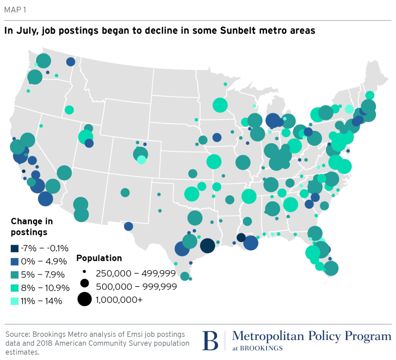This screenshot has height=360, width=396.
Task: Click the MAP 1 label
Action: point(15,10)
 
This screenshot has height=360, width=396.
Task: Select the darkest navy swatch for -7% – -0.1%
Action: point(14,248)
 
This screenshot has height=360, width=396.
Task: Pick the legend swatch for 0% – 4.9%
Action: point(14,262)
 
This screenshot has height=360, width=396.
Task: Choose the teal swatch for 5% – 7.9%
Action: point(14,275)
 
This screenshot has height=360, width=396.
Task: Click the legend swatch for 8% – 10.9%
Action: point(14,288)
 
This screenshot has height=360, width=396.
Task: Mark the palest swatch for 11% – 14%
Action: point(14,301)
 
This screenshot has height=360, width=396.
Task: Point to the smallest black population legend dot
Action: point(85,272)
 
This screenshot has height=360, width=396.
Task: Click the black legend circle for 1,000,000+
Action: point(85,299)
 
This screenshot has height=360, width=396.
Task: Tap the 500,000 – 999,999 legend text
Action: point(136,286)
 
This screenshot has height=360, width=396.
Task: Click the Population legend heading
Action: point(99,258)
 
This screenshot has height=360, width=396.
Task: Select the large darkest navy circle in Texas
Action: point(208,246)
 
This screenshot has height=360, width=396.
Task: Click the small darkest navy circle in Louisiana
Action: point(241,237)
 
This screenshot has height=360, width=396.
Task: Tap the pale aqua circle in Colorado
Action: point(141,160)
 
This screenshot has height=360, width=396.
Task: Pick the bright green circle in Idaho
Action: point(69,110)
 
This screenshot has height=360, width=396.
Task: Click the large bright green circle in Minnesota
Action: point(220,105)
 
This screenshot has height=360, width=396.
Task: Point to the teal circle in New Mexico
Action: point(125,193)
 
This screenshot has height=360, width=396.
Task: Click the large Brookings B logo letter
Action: point(210,340)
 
